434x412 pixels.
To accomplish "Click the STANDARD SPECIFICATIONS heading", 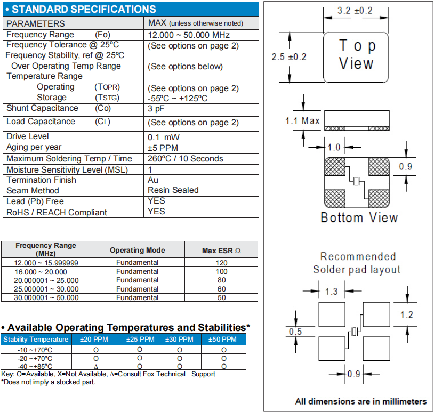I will pyautogui.click(x=84, y=9).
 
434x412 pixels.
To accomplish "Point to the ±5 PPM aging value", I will pyautogui.click(x=163, y=148).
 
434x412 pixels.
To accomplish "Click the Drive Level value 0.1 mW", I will pyautogui.click(x=165, y=137).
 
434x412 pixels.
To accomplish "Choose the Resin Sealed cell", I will pyautogui.click(x=173, y=190).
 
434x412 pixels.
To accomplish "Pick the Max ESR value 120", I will pyautogui.click(x=221, y=263).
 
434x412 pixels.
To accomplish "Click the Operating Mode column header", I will pyautogui.click(x=137, y=250).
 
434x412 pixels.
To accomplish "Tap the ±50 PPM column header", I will pyautogui.click(x=223, y=340).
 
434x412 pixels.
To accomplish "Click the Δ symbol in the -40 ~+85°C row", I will pyautogui.click(x=96, y=366).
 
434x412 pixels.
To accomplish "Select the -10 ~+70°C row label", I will pyautogui.click(x=35, y=350).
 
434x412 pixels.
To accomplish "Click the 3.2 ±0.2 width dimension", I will pyautogui.click(x=356, y=11).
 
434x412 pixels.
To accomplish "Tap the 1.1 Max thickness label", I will pyautogui.click(x=303, y=121).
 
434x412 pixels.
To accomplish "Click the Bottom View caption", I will pyautogui.click(x=359, y=217).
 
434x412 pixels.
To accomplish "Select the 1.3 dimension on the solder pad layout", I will pyautogui.click(x=331, y=292).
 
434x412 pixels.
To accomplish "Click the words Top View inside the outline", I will pyautogui.click(x=356, y=55).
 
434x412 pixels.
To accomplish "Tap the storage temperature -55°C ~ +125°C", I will pyautogui.click(x=178, y=98).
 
